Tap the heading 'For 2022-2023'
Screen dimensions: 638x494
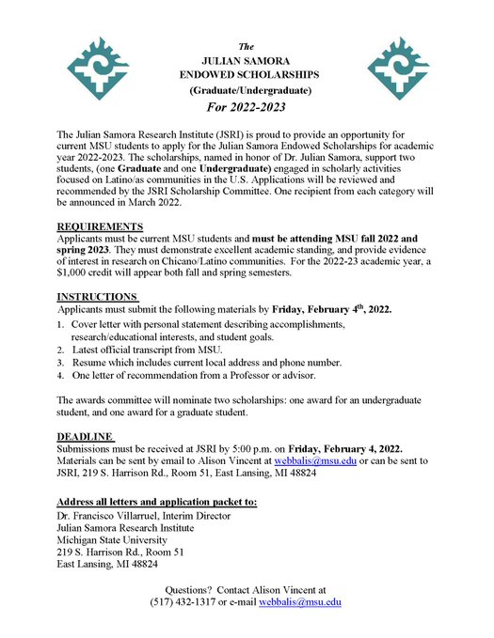point(247,108)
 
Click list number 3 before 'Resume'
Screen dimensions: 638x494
point(60,363)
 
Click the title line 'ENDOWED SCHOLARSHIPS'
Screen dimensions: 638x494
point(247,73)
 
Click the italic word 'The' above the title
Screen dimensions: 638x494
point(247,46)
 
